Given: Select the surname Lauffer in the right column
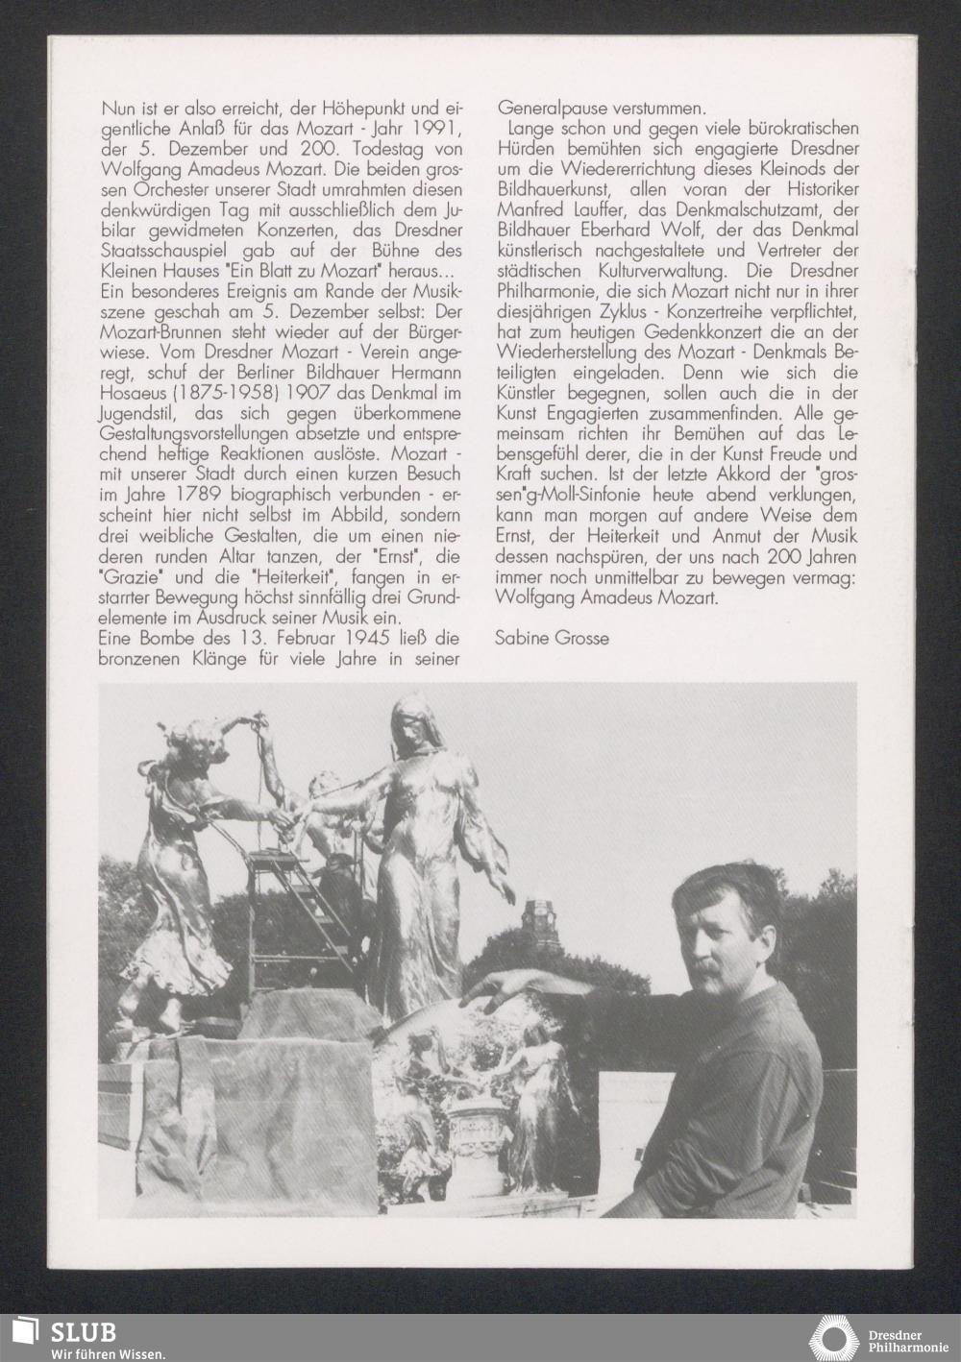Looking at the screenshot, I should point(599,209).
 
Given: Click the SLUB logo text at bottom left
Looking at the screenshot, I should point(84,1331).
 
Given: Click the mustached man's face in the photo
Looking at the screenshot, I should point(713,928).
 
